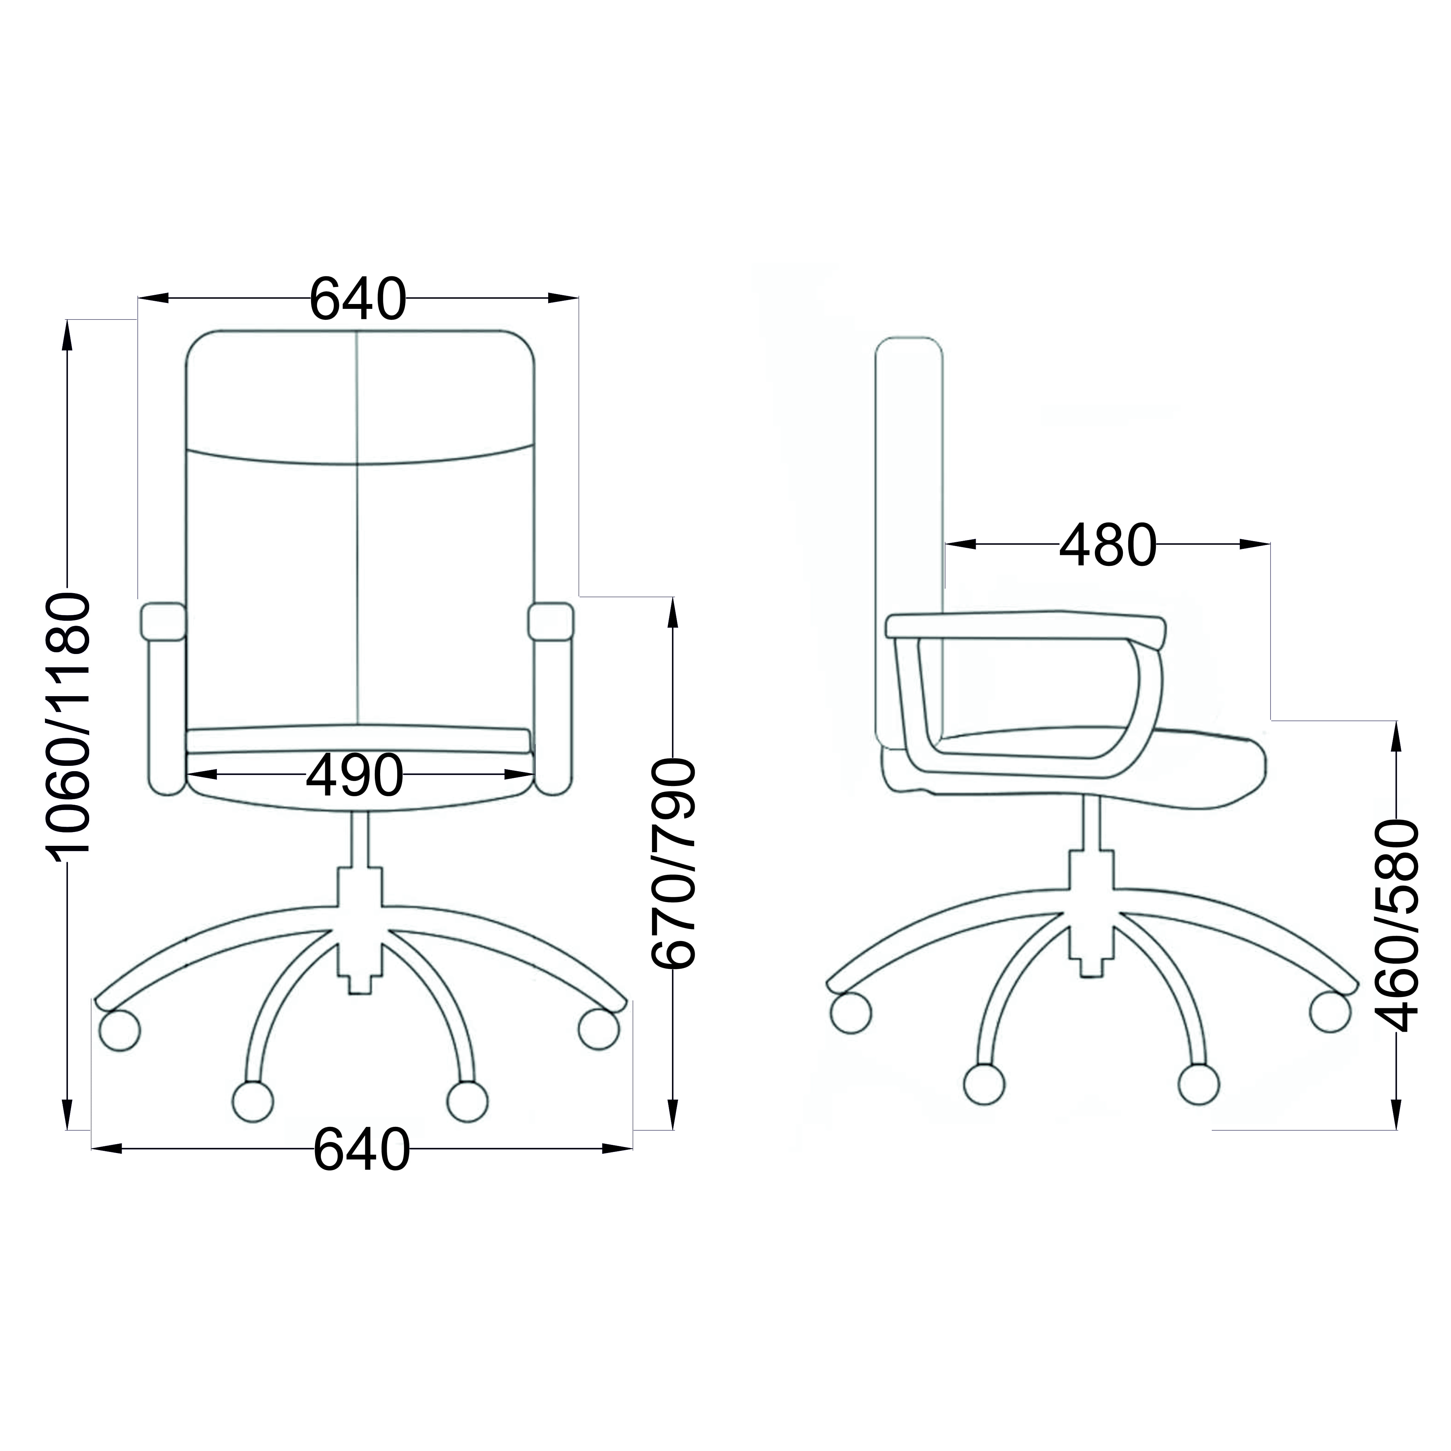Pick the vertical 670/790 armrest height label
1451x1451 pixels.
[x=674, y=864]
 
